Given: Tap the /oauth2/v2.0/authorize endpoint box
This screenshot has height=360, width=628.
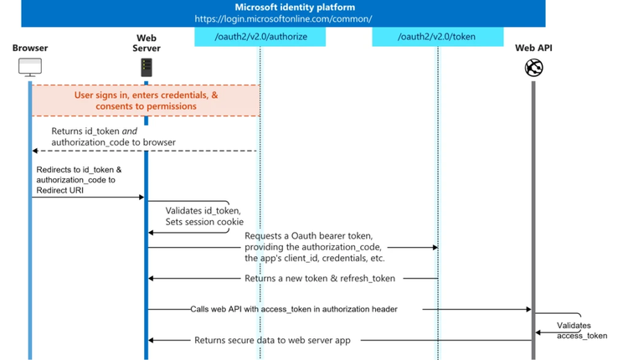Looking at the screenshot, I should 260,37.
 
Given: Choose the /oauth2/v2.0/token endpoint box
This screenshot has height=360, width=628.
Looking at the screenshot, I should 438,37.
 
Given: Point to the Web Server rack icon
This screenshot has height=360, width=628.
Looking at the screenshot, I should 146,65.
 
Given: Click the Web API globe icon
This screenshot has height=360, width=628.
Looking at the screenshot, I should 533,68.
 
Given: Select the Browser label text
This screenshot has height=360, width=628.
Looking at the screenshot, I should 30,49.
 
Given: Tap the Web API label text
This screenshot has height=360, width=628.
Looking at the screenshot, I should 533,49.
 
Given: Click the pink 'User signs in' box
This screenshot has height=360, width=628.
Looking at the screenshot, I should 147,100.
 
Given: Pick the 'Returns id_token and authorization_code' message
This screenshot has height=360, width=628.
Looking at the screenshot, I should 113,136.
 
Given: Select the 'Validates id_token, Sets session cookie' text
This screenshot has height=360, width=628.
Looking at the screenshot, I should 203,216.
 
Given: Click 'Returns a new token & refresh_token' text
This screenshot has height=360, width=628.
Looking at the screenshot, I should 320,278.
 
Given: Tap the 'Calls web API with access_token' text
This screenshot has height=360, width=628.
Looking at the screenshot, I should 293,309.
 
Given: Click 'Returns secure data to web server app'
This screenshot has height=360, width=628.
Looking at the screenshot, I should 272,340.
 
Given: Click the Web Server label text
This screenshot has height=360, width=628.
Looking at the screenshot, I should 146,43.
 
